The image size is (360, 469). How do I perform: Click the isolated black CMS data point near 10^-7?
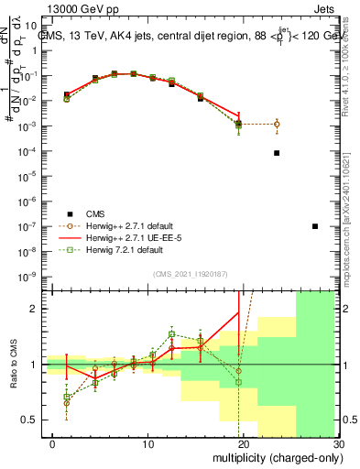pyautogui.click(x=315, y=226)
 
